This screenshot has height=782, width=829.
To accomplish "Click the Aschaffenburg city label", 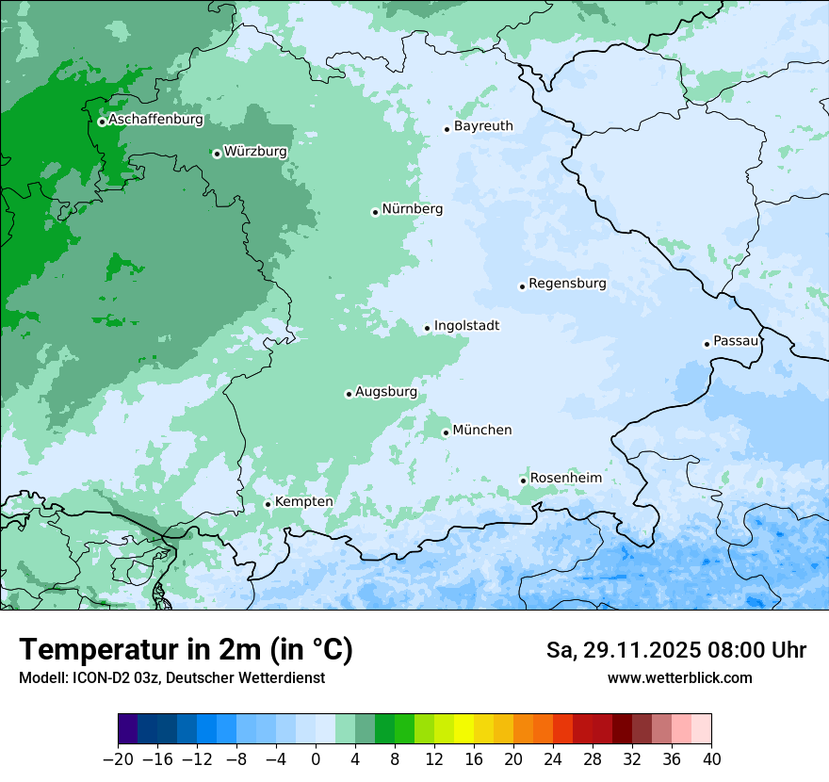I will (155, 120).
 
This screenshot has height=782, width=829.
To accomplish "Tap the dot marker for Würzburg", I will (217, 154).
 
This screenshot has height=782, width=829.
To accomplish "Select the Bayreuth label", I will (483, 126).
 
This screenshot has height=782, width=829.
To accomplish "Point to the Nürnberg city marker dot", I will (375, 212).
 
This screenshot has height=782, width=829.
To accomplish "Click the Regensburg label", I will (567, 284).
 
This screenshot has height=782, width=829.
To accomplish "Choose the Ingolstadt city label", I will (466, 326).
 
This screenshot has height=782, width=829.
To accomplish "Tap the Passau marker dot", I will (707, 344).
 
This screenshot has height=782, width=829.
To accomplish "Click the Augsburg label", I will (385, 392).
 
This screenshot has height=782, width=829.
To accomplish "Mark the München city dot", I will (446, 432).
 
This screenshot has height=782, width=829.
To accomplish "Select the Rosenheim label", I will (565, 479).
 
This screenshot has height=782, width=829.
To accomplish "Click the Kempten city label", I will (303, 502).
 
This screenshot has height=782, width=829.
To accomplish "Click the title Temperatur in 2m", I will (186, 650).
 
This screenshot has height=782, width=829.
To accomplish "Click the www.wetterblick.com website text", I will (679, 678).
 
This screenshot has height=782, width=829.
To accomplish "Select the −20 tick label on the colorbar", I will (118, 759).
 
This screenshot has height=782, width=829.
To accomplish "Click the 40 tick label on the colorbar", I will (711, 759).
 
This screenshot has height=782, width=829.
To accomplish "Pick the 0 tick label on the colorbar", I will (316, 759).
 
